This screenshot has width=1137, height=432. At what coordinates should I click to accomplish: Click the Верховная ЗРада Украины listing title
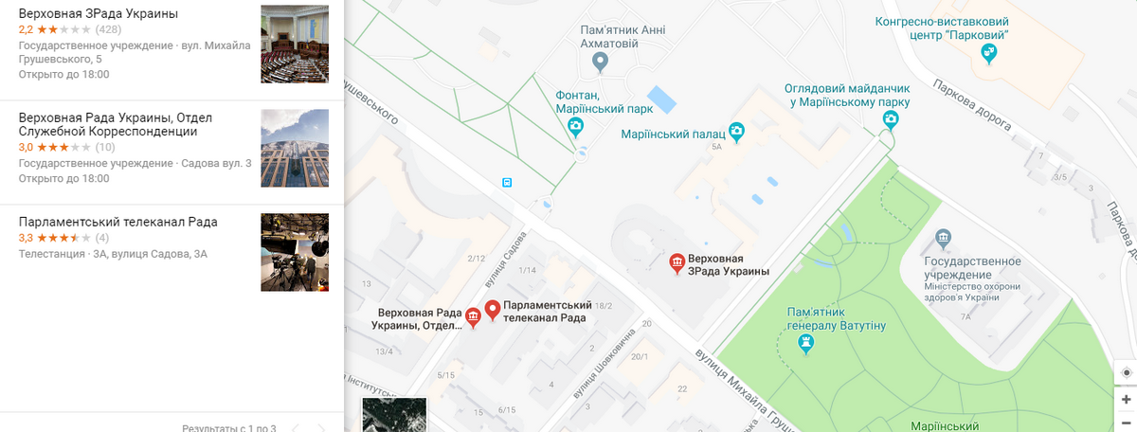(x=99, y=14)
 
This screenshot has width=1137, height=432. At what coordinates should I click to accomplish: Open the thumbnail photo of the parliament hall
(x=294, y=44)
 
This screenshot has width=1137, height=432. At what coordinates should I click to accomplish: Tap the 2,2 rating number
(x=26, y=29)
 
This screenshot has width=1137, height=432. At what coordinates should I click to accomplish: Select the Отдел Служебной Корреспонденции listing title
(x=116, y=124)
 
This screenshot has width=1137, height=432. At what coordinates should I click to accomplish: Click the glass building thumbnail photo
(x=294, y=148)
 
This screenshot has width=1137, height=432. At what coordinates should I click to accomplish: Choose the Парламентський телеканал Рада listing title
(x=118, y=222)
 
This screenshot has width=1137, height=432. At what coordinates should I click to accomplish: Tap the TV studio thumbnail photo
(x=294, y=252)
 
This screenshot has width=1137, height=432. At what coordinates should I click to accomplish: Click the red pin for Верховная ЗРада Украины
(x=677, y=263)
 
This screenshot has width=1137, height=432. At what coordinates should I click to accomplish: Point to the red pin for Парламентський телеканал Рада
(x=493, y=310)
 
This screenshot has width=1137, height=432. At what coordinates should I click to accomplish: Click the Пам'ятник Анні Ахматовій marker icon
(x=599, y=63)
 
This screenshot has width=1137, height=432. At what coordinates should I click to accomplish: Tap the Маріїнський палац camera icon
(x=735, y=132)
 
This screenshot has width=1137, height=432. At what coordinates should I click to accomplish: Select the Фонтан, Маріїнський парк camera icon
(x=575, y=126)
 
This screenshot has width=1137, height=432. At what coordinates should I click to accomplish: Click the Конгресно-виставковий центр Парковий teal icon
(x=989, y=53)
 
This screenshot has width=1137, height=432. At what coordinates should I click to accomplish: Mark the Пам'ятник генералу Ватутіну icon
(x=806, y=345)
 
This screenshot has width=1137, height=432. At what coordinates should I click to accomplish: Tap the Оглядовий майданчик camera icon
(x=890, y=118)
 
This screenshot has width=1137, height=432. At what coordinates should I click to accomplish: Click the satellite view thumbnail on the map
(x=394, y=415)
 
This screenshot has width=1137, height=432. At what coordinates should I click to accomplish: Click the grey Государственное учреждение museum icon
(x=943, y=237)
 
